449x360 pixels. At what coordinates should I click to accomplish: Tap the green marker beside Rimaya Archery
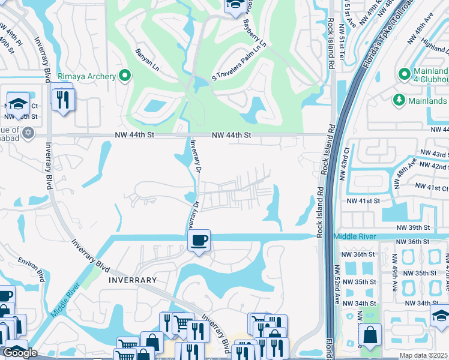(x=125, y=76)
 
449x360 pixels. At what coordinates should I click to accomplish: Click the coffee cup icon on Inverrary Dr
(x=199, y=241)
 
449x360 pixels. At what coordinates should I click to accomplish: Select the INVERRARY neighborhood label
(x=133, y=280)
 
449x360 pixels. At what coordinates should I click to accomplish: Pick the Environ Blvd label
(x=31, y=269)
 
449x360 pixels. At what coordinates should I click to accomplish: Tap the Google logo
(x=20, y=353)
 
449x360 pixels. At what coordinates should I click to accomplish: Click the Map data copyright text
(x=424, y=356)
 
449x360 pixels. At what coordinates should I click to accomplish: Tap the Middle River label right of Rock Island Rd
(x=354, y=237)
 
